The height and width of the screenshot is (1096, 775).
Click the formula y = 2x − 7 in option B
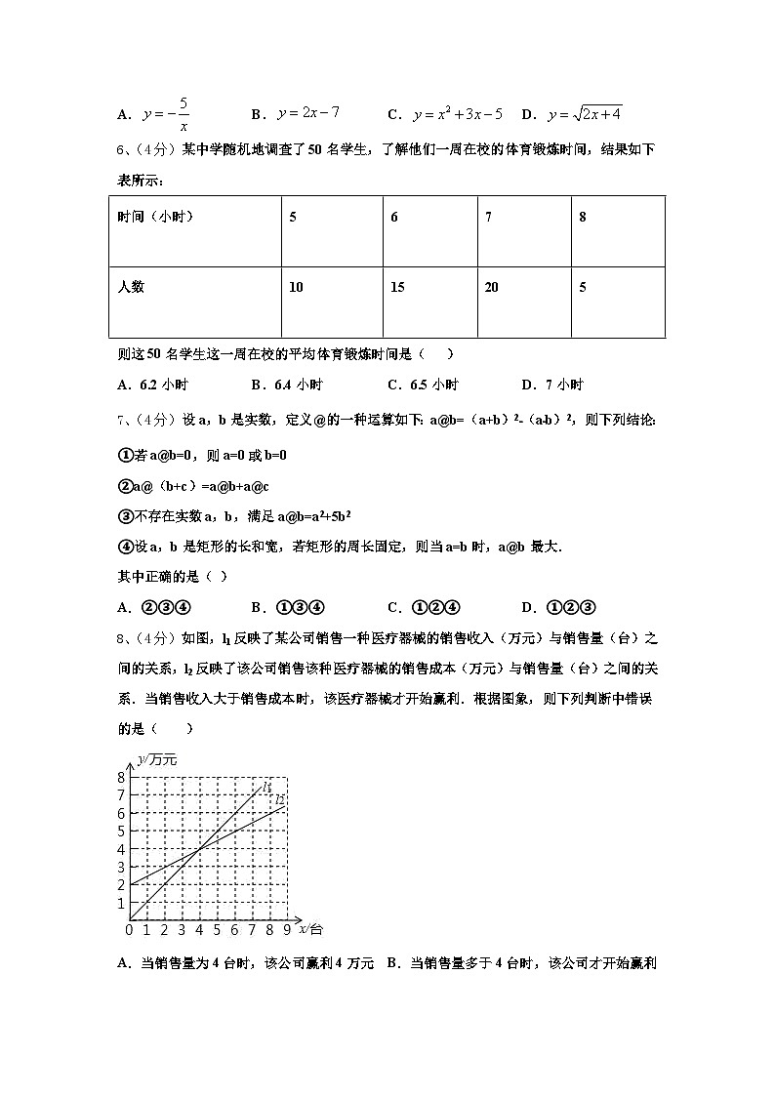[307, 113]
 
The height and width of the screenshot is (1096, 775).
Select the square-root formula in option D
[585, 113]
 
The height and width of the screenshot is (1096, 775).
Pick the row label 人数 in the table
[131, 287]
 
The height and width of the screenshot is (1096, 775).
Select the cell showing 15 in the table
[397, 287]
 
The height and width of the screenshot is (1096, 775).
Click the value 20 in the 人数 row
[492, 287]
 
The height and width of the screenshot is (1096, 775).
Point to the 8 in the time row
[583, 217]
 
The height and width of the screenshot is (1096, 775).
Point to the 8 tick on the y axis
[121, 778]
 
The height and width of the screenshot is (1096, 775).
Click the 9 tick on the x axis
[287, 930]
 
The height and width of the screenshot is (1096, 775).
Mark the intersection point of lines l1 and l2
[198, 849]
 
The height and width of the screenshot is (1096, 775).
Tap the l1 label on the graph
[266, 787]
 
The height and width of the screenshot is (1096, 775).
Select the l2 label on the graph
[279, 800]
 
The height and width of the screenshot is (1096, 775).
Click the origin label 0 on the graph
[129, 930]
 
